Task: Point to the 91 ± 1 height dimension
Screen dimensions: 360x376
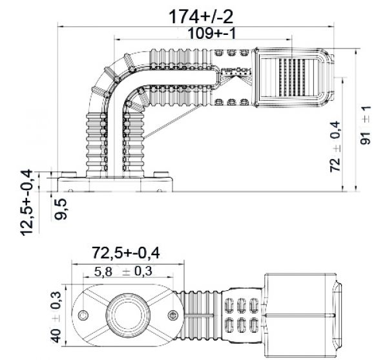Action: click(365, 125)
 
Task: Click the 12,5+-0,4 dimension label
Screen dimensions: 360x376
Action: click(26, 202)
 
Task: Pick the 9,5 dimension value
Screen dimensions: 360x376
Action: click(63, 209)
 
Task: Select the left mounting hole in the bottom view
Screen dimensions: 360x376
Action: click(83, 315)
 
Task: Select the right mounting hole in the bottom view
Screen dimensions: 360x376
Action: click(172, 315)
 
